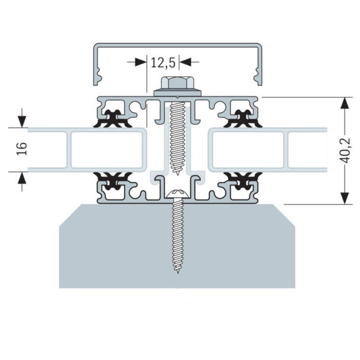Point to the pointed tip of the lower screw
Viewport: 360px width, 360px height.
point(178,273)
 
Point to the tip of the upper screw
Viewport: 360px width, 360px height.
point(177,175)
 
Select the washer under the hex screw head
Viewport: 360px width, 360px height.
point(178,93)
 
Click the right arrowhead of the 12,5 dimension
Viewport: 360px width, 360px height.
point(186,62)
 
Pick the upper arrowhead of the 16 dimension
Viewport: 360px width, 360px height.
point(22,122)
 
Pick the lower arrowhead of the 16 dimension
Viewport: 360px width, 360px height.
point(22,178)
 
